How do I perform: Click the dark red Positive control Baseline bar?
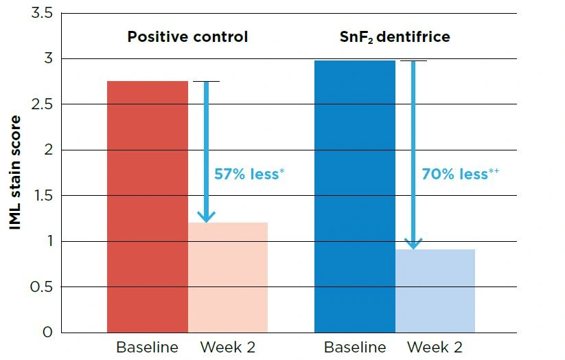[x=148, y=206]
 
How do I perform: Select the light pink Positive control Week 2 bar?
[x=228, y=278]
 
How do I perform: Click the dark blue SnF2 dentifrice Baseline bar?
[x=355, y=196]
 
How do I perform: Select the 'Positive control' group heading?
[x=187, y=36]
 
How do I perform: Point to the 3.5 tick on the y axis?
[x=42, y=13]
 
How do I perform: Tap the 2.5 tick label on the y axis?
[x=42, y=104]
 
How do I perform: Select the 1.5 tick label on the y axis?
[x=42, y=196]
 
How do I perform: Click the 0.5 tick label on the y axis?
[x=42, y=286]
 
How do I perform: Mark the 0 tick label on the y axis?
[x=47, y=333]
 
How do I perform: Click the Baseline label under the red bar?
[x=147, y=348]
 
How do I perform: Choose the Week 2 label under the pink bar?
[x=228, y=348]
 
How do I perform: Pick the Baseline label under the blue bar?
[x=354, y=348]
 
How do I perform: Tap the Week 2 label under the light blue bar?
[x=435, y=348]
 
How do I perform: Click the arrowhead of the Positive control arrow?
[x=206, y=216]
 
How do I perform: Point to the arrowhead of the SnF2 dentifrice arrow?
[x=413, y=243]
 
